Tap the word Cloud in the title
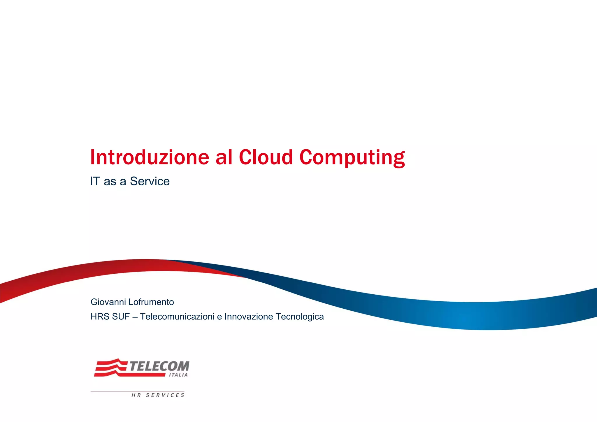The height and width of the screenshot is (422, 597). point(266,157)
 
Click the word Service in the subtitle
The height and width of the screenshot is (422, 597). point(150,181)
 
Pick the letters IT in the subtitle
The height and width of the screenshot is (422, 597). point(95,181)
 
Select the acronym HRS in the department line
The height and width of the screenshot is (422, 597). point(99,316)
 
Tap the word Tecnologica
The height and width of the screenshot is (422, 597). point(299,316)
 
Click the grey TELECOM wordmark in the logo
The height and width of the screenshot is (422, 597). point(159,366)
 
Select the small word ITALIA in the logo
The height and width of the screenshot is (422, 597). point(178,375)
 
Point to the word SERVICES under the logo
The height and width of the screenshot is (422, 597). point(165,395)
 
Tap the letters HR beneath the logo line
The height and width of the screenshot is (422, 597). point(136,395)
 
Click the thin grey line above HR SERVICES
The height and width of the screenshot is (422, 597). point(137,391)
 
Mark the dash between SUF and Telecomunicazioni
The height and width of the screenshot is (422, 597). point(135,317)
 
